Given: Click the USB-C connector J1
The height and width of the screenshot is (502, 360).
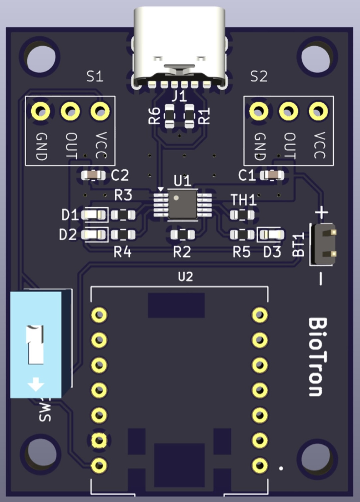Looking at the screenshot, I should (x=180, y=47).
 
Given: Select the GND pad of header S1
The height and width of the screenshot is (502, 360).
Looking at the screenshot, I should (x=41, y=111).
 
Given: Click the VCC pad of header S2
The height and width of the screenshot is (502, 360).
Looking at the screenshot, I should (x=318, y=111).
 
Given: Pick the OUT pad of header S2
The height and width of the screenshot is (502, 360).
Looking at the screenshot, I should (x=288, y=111).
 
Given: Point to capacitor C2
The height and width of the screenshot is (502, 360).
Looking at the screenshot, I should (x=93, y=175).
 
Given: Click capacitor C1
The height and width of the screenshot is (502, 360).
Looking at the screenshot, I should (x=272, y=175).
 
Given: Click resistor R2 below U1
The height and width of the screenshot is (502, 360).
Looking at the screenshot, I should (x=182, y=235).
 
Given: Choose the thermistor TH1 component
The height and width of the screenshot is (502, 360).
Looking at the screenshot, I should (x=242, y=215).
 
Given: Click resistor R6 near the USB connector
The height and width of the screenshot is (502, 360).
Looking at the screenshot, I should (x=169, y=116).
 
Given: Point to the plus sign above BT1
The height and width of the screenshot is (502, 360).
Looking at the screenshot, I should (x=321, y=212).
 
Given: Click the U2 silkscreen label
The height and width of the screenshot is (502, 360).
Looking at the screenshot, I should (x=185, y=277).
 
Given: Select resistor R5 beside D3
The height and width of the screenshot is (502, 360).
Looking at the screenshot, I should (x=242, y=235).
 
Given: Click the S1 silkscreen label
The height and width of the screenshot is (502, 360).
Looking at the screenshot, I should (x=95, y=77).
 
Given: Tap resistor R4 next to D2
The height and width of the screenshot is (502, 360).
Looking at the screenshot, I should (x=123, y=235).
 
